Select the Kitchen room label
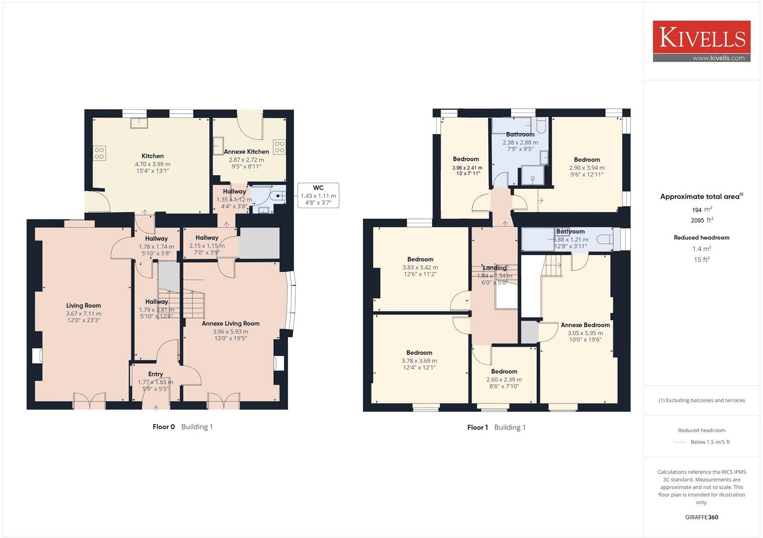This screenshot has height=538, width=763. [153, 156]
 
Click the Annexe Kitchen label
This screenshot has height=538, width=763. [247, 152]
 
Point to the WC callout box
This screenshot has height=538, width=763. [318, 196]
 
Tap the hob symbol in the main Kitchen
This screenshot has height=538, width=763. [99, 153]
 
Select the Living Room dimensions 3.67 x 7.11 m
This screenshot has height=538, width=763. [83, 314]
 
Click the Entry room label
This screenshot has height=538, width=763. [155, 374]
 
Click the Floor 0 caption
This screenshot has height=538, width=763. [164, 427]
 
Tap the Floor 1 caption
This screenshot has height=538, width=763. [477, 427]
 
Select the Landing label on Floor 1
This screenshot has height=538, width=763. [495, 268]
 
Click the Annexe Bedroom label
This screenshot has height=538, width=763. [585, 325]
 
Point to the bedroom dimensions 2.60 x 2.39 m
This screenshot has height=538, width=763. [504, 380]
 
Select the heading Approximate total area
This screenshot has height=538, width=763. [700, 197]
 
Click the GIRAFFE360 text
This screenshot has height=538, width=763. [701, 517]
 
